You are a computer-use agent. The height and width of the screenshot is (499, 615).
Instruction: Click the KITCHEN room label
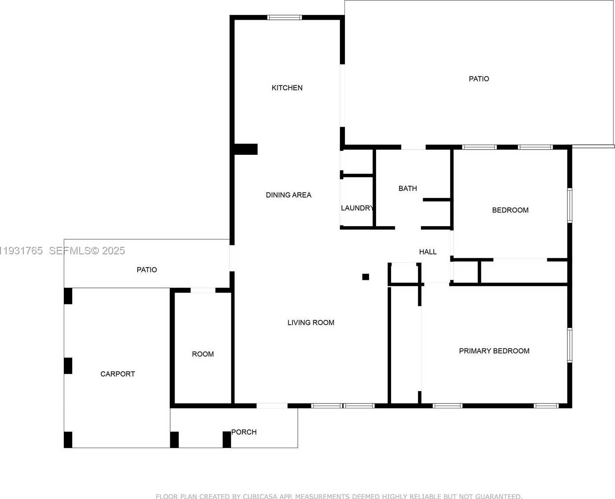pos(287,88)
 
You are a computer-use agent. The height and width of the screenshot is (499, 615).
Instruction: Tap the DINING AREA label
pos(288,195)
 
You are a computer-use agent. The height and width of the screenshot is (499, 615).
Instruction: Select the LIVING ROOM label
pos(311,323)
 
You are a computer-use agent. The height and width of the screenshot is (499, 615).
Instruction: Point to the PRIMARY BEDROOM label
pos(494,351)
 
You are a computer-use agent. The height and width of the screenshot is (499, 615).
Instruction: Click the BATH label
pos(407,188)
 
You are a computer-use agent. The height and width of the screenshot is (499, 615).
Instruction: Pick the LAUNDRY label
pos(357,208)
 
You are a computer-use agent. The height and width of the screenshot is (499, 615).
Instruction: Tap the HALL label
pos(428,252)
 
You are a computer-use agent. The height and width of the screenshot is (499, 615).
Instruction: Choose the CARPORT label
pos(117,374)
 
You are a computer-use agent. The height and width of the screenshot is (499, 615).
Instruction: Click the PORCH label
pos(244,432)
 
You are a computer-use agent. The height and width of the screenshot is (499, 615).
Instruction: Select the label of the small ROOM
pos(203,354)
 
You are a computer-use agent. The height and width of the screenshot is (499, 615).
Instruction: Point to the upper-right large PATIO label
pos(479,79)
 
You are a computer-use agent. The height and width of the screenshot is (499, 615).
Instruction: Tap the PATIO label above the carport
pos(146,270)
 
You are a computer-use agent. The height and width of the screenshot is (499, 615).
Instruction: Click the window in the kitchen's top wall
pos(284,18)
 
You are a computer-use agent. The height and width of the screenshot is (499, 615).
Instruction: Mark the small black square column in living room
pos(366,277)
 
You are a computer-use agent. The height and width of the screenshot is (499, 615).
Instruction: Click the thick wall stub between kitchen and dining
pos(245,149)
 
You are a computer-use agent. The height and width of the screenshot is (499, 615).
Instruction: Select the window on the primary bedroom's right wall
pos(570,345)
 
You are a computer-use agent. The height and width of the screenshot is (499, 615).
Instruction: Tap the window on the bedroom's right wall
pos(570,205)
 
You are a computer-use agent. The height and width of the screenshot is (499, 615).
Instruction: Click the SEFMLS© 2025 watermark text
pos(87,251)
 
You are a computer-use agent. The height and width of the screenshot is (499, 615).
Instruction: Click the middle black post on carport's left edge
pos(68,366)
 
